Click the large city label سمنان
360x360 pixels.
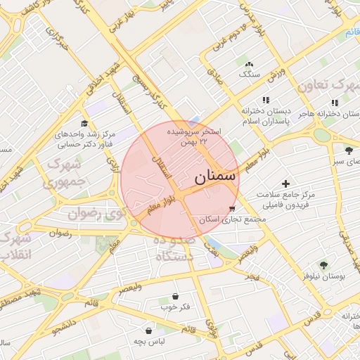212,176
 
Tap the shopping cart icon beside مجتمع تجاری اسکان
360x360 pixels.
232,210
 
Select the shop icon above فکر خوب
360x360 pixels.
175,296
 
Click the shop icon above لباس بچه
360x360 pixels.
149,330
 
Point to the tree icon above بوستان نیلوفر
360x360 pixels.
323,265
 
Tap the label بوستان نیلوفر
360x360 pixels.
324,277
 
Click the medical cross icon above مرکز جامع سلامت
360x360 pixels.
285,183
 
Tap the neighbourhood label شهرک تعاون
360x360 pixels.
327,85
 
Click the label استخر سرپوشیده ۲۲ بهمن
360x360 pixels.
194,136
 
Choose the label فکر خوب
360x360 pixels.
175,307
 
